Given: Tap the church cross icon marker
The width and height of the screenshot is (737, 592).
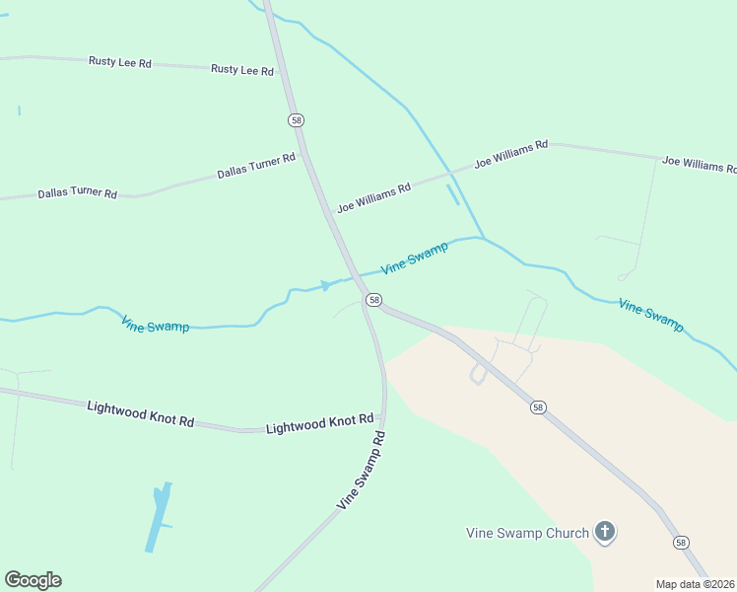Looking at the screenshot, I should (x=605, y=533).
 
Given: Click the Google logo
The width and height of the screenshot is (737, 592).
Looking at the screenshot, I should (x=33, y=580).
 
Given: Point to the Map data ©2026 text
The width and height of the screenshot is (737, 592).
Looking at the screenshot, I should (x=695, y=584).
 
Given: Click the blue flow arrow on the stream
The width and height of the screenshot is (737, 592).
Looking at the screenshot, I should (x=326, y=285).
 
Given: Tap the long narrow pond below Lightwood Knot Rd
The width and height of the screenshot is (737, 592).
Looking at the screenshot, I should (x=158, y=516).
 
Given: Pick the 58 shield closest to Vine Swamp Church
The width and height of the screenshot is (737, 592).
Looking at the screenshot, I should (x=681, y=543).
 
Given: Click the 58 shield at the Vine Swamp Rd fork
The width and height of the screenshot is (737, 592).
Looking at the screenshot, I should (x=373, y=299).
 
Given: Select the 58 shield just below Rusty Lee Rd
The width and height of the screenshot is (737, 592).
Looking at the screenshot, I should (x=297, y=120).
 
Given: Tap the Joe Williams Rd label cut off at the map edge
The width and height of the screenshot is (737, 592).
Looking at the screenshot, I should (x=699, y=164).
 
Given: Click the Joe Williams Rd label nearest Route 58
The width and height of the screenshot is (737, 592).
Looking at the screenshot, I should (x=373, y=196).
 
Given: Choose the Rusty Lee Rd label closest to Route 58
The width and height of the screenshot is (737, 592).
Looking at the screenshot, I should (x=242, y=70).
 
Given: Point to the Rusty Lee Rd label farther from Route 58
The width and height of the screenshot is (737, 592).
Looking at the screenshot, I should (x=119, y=62).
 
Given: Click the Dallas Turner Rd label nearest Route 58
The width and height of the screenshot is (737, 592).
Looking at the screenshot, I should (x=256, y=166).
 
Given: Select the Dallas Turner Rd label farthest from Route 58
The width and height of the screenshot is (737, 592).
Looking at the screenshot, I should (x=77, y=192).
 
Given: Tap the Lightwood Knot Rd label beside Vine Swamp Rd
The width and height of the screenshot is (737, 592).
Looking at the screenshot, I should (x=320, y=424).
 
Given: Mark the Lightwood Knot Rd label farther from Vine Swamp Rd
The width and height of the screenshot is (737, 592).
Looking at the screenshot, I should (x=140, y=412).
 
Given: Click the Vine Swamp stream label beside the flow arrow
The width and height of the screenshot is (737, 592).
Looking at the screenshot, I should (x=414, y=258).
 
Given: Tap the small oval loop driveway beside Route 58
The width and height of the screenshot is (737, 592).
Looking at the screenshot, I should (x=479, y=374).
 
